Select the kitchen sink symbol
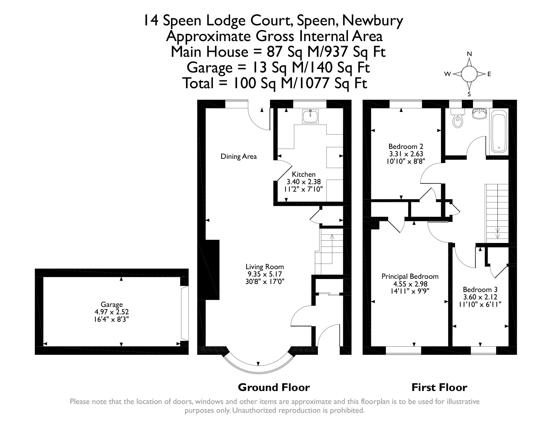310,116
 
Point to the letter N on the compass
469,54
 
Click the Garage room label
112,305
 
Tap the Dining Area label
239,157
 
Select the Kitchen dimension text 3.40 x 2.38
303,182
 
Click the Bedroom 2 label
406,146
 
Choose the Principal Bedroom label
410,276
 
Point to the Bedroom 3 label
480,290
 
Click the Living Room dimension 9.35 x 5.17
265,274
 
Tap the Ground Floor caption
274,387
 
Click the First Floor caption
439,387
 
